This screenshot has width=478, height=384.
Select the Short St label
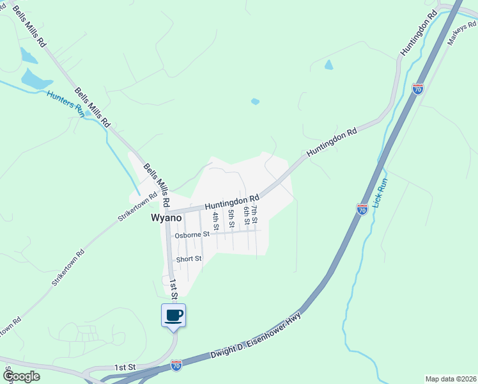[x=189, y=259]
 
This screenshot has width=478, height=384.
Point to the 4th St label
[x=216, y=221]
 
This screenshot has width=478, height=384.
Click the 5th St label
[x=231, y=218]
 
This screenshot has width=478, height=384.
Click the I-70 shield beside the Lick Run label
[x=362, y=209]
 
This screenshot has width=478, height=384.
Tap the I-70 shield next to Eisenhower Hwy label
[x=176, y=365]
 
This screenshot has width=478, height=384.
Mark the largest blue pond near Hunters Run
[x=36, y=80]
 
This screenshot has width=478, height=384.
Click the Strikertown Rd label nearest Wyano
[x=137, y=208]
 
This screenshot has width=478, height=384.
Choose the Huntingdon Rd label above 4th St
[x=232, y=202]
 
